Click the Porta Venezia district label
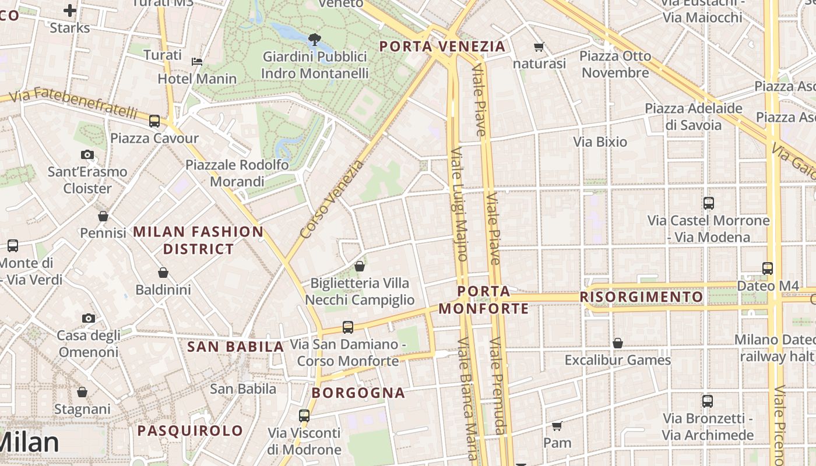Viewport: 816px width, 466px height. click(x=442, y=47)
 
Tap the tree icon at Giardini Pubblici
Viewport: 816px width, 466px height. click(x=314, y=40)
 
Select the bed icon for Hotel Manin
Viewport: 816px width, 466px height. click(x=198, y=62)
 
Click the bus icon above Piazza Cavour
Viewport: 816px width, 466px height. click(x=154, y=121)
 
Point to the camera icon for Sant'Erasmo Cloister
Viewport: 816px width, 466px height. click(x=87, y=155)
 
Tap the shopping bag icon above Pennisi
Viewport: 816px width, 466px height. click(x=103, y=216)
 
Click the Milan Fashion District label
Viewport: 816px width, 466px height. click(x=198, y=240)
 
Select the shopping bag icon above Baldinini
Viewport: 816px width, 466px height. click(x=163, y=273)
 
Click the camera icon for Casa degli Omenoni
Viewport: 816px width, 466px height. click(x=89, y=318)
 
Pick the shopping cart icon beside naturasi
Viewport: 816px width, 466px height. click(x=539, y=47)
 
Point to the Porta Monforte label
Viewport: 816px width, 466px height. click(x=484, y=299)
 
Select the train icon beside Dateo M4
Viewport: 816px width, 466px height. click(x=768, y=269)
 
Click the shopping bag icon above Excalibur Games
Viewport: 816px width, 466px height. click(x=618, y=343)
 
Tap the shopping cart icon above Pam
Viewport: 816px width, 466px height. click(x=557, y=426)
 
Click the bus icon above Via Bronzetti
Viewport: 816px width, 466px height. click(x=708, y=401)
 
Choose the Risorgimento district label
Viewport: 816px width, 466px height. click(x=642, y=297)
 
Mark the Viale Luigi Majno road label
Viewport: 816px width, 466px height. click(x=459, y=204)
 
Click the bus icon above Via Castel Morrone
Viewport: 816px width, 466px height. click(x=709, y=203)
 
